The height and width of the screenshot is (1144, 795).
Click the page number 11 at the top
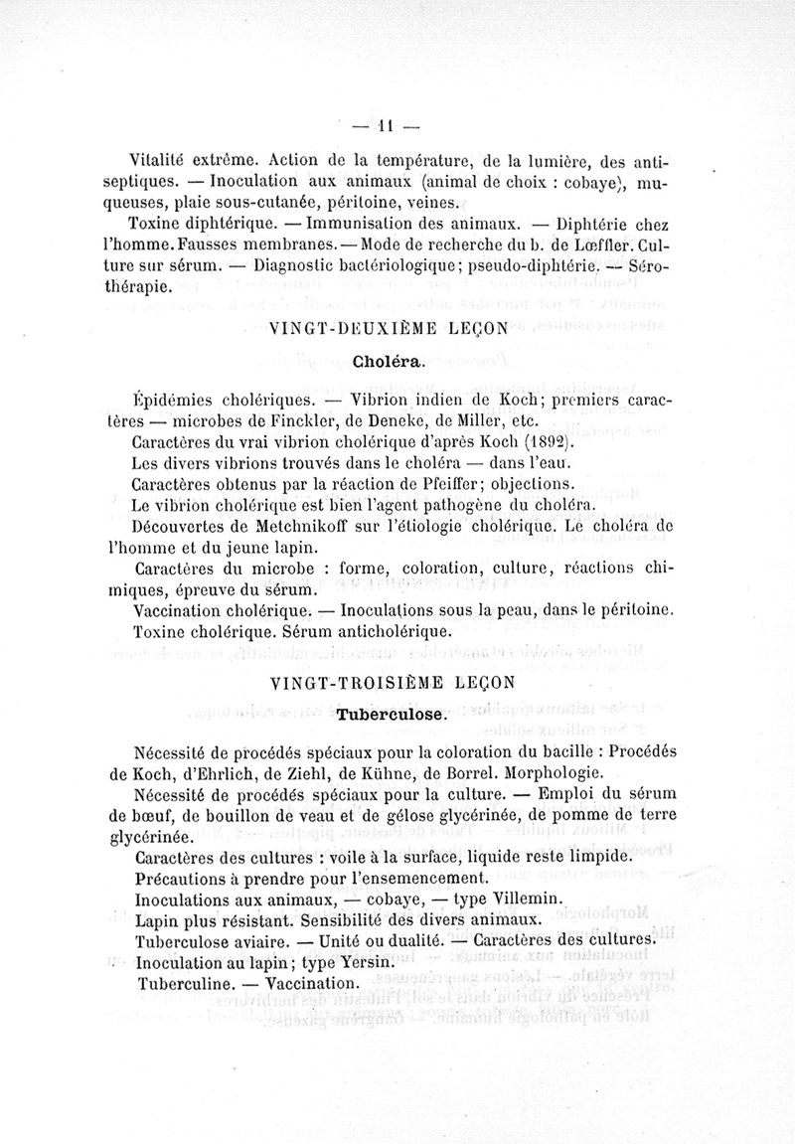click(387, 126)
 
